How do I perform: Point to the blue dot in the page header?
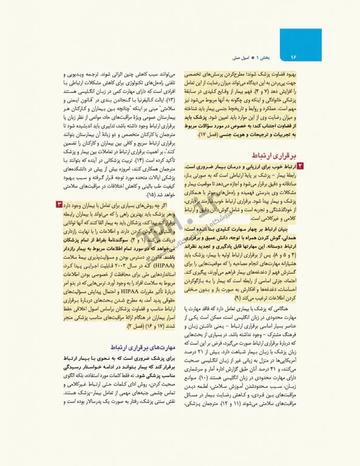(239, 57)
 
